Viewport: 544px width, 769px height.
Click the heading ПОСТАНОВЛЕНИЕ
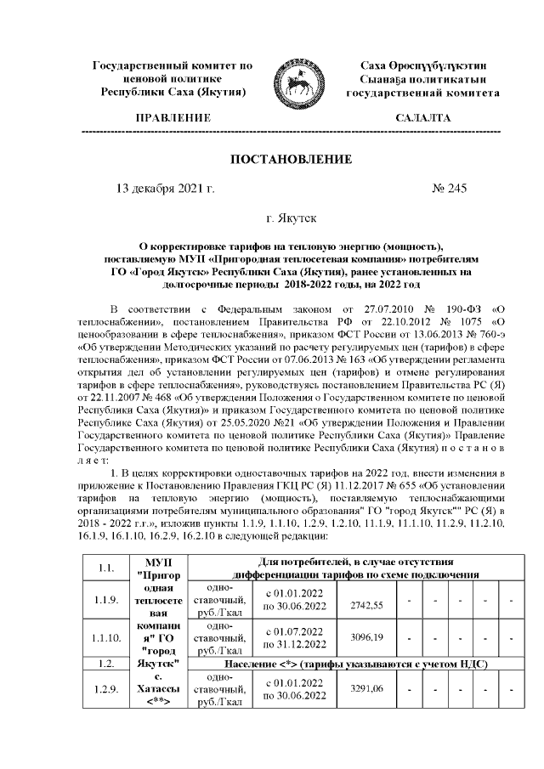291,160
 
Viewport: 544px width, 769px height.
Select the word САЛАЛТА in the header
422,117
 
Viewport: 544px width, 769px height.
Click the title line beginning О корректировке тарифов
292,242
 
